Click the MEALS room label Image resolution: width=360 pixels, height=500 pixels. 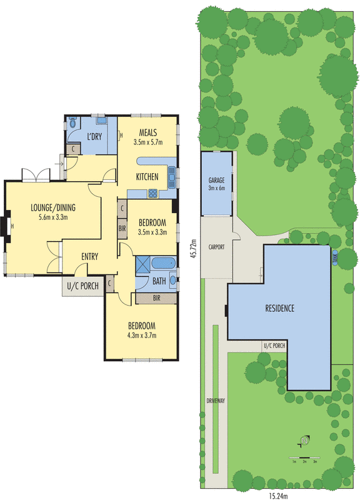[x=147, y=132]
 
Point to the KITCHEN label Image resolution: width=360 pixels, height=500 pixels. [x=147, y=177]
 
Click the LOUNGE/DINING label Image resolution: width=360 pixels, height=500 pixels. [x=52, y=208]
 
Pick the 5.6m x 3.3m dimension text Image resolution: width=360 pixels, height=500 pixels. [x=52, y=217]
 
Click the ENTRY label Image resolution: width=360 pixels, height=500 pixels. [x=90, y=256]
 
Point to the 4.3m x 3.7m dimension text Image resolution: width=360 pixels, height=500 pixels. [x=142, y=335]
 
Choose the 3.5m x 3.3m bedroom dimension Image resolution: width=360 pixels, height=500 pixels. [x=152, y=232]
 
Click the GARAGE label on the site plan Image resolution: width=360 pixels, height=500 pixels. [x=216, y=181]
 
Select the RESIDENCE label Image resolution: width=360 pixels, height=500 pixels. [x=279, y=308]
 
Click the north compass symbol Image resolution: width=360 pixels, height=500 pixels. [x=304, y=441]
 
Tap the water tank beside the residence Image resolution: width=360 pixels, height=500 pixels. [x=335, y=256]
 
